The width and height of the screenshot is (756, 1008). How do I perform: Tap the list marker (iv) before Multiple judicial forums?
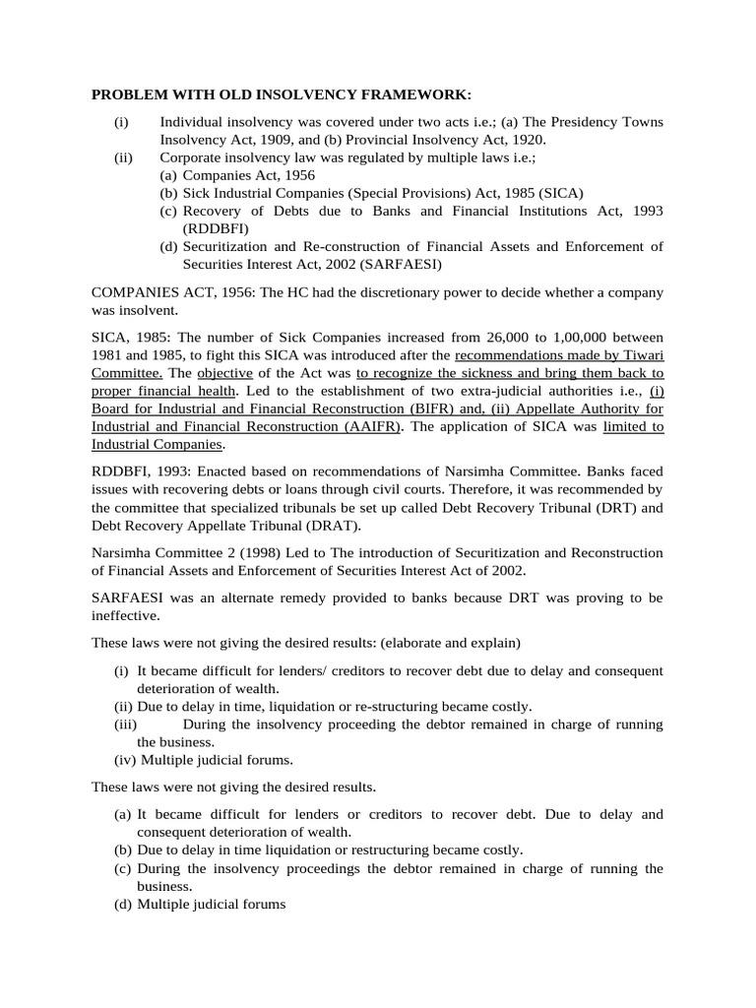pyautogui.click(x=124, y=759)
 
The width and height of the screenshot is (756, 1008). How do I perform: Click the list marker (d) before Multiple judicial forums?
pyautogui.click(x=123, y=904)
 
